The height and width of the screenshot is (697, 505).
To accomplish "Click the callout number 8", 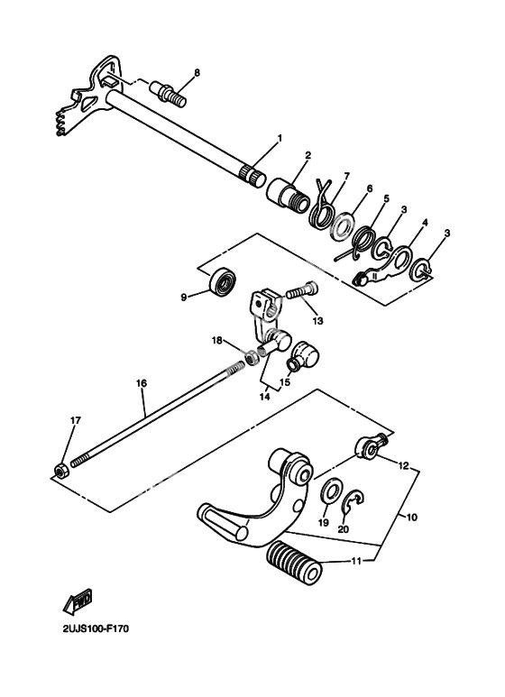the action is tap(197, 72).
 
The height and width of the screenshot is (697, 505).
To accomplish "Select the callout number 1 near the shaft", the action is tap(280, 138).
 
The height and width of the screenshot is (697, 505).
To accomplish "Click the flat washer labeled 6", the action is tap(343, 226).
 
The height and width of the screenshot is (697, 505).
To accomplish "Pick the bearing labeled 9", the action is tap(223, 282).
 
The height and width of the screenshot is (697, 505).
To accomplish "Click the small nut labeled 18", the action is tap(252, 356).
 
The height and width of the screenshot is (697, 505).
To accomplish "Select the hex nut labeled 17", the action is tap(61, 470).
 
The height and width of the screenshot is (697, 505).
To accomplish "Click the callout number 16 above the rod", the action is tap(142, 383).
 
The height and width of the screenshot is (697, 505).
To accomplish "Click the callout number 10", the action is tap(411, 518).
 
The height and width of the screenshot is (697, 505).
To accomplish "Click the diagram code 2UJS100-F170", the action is tap(96, 629).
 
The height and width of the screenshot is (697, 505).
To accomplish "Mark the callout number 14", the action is tap(264, 397).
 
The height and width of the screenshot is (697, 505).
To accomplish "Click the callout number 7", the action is tap(346, 176).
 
